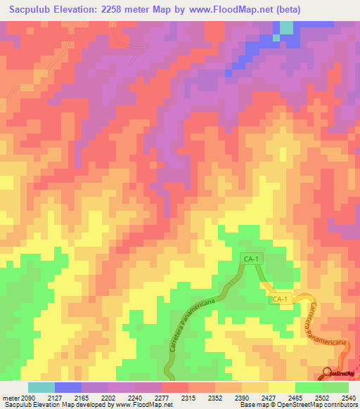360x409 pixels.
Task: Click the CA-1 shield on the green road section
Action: pos(251,259)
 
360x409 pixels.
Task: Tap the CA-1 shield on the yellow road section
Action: pos(280,299)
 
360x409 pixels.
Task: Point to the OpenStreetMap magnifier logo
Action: pos(329,374)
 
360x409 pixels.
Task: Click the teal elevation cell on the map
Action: pos(286,27)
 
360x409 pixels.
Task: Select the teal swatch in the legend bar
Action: pos(41,387)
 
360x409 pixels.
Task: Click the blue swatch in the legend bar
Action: pos(67,387)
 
